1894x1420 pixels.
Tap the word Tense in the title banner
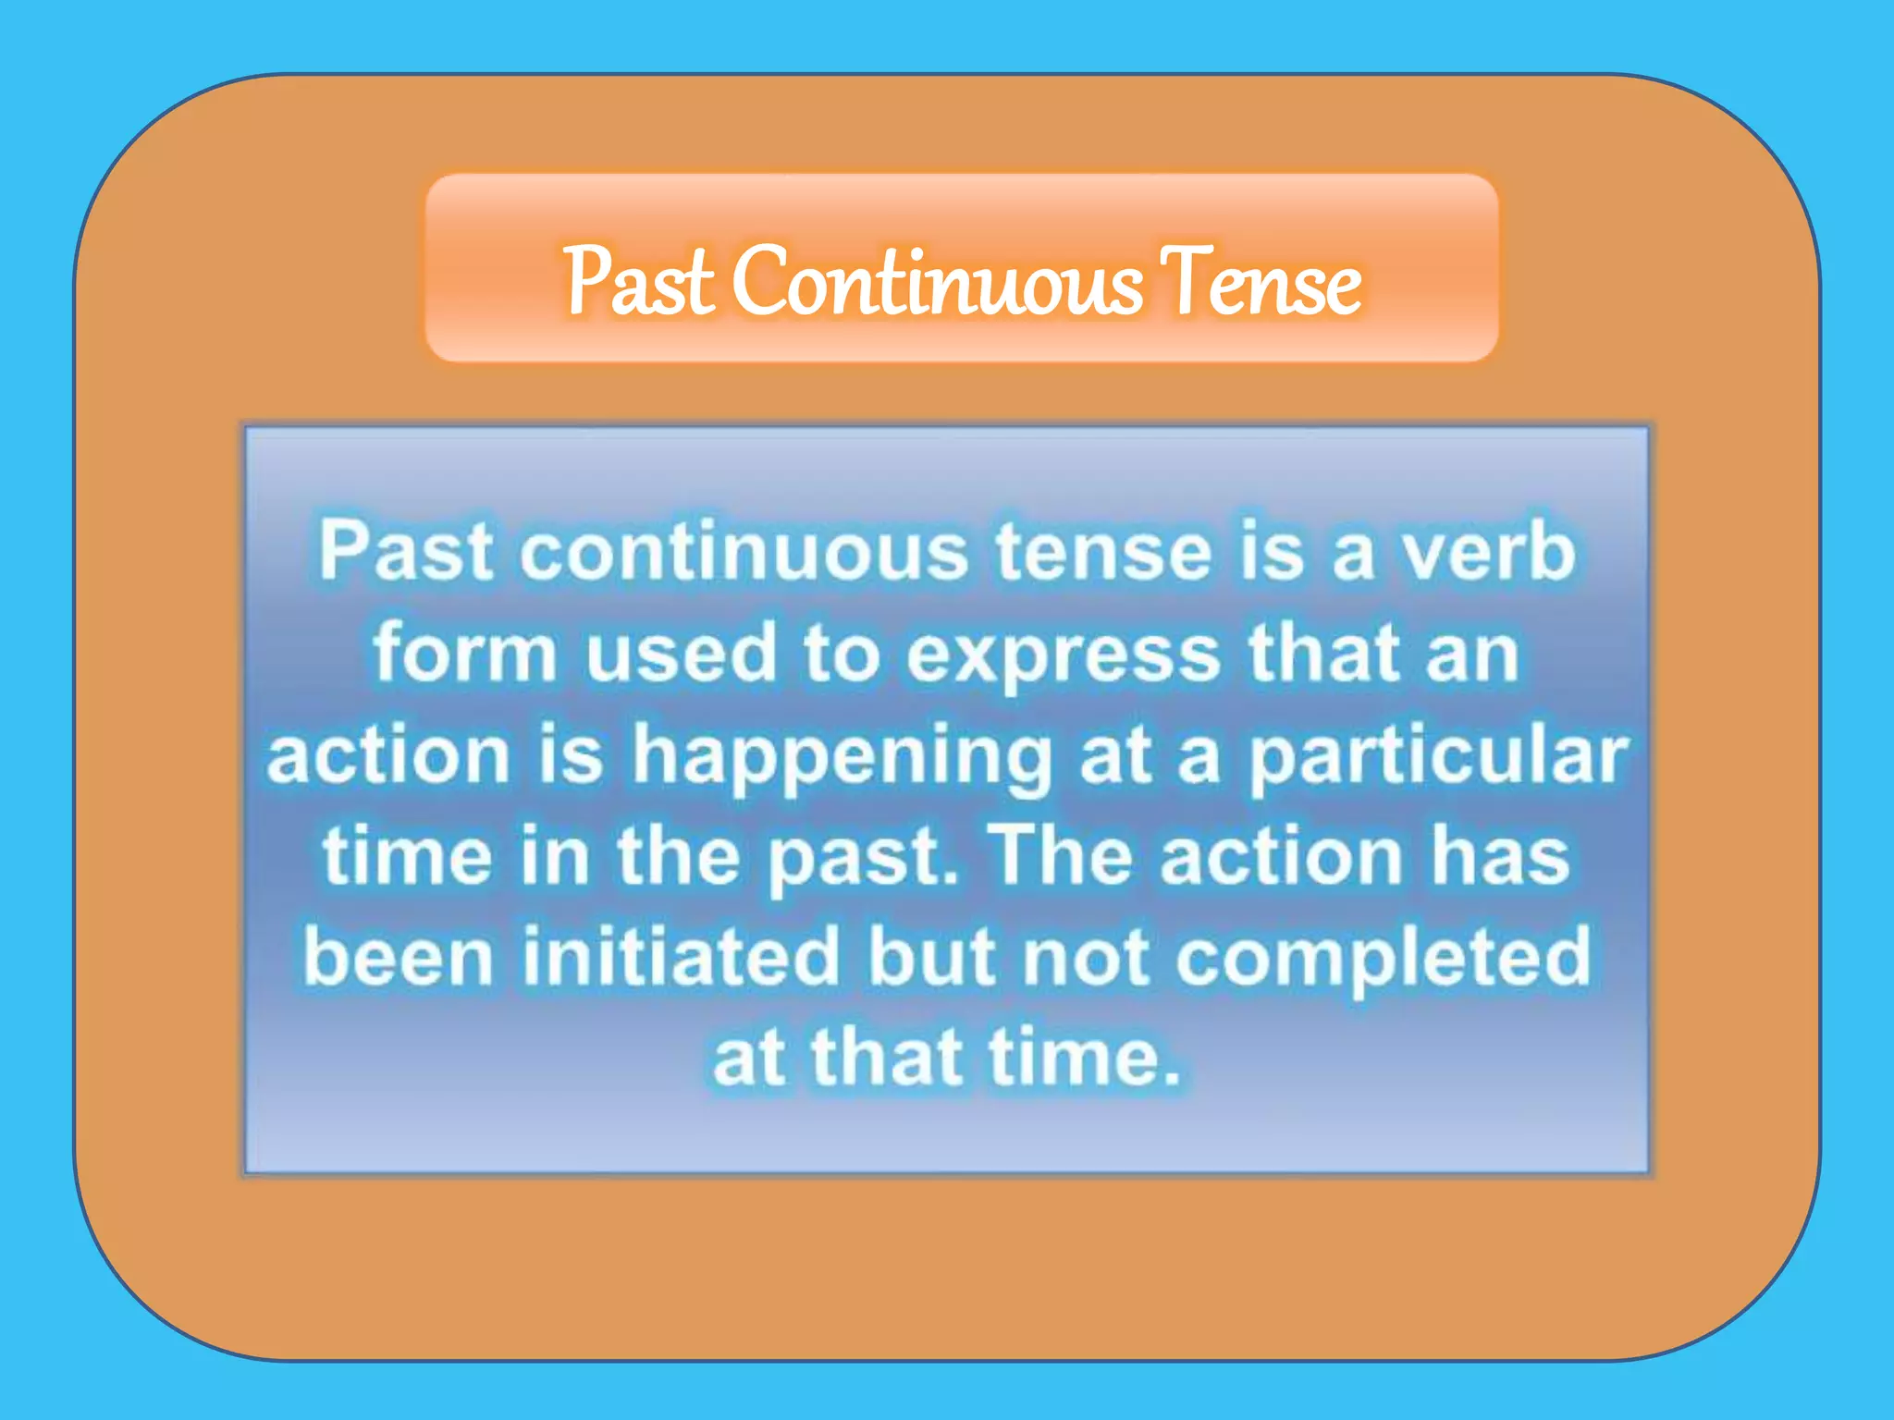(1260, 280)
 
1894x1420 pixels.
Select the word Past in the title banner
(639, 280)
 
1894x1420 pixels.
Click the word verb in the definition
(1488, 552)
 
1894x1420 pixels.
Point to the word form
(464, 653)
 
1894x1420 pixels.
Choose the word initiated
(681, 956)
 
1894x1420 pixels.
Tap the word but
(932, 956)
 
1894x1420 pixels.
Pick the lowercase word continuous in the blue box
(744, 552)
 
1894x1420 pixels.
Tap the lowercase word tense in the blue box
(1103, 552)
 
